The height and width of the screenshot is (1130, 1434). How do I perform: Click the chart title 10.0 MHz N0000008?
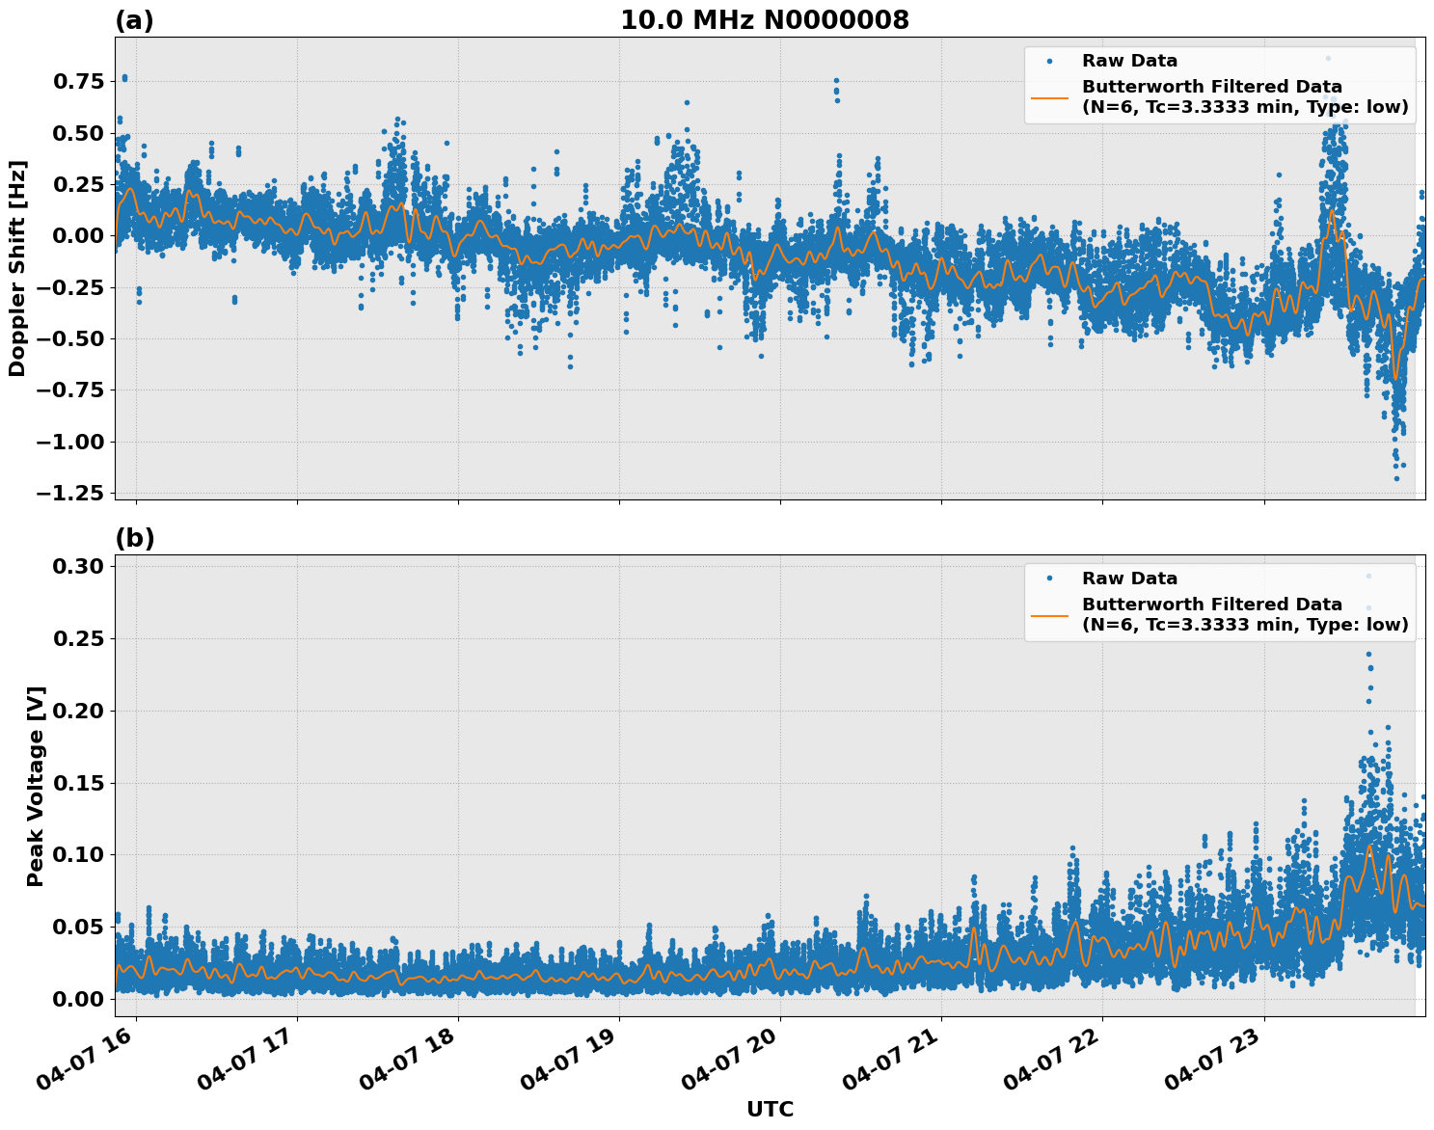[x=764, y=20]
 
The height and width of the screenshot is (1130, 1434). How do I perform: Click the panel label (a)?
[x=134, y=20]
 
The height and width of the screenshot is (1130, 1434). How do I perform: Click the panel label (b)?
[x=134, y=538]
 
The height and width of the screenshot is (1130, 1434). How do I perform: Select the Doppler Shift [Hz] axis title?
[x=17, y=268]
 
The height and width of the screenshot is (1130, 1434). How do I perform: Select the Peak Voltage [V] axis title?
[x=36, y=786]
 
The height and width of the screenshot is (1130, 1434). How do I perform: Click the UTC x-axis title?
[x=770, y=1109]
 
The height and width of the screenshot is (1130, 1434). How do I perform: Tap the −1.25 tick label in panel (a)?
[x=68, y=493]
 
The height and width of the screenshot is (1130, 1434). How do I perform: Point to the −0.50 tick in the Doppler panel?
[x=68, y=338]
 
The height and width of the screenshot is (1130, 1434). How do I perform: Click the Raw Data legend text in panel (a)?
[x=1129, y=61]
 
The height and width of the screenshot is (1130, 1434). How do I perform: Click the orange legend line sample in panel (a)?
[x=1049, y=97]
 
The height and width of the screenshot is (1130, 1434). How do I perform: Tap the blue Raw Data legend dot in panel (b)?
[x=1049, y=578]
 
